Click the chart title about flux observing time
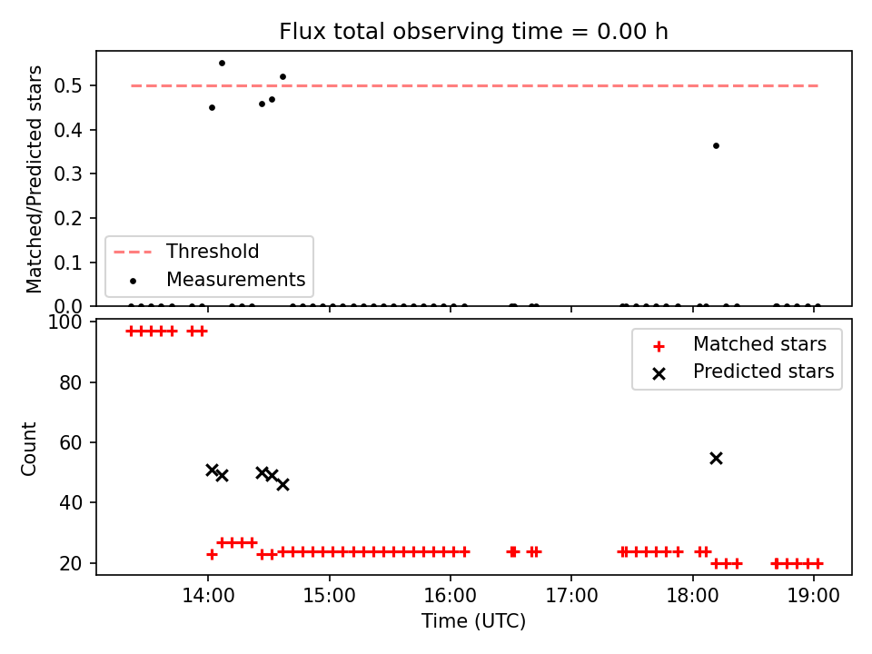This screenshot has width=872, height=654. pos(473,32)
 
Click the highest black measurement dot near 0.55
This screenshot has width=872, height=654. pos(222,64)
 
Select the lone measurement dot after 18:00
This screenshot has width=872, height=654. pos(717,145)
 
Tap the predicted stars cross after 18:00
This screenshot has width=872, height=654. pos(717,458)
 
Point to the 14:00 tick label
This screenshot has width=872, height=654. pos(209,596)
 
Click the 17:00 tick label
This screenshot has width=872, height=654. pos(571,596)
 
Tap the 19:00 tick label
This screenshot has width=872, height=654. pos(814,596)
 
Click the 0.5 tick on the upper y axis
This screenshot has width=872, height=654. pos(68,86)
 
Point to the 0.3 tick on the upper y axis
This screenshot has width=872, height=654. pos(68,174)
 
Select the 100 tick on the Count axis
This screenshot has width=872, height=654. pos(64,322)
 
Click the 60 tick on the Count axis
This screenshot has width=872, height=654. pos(71,442)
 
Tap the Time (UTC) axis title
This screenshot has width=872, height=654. pos(473,620)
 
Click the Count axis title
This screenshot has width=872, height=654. pos(28,449)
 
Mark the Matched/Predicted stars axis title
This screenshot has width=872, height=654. pos(34,179)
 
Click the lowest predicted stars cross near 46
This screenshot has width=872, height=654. pos(282,484)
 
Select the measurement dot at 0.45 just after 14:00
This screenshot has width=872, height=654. pos(212,108)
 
